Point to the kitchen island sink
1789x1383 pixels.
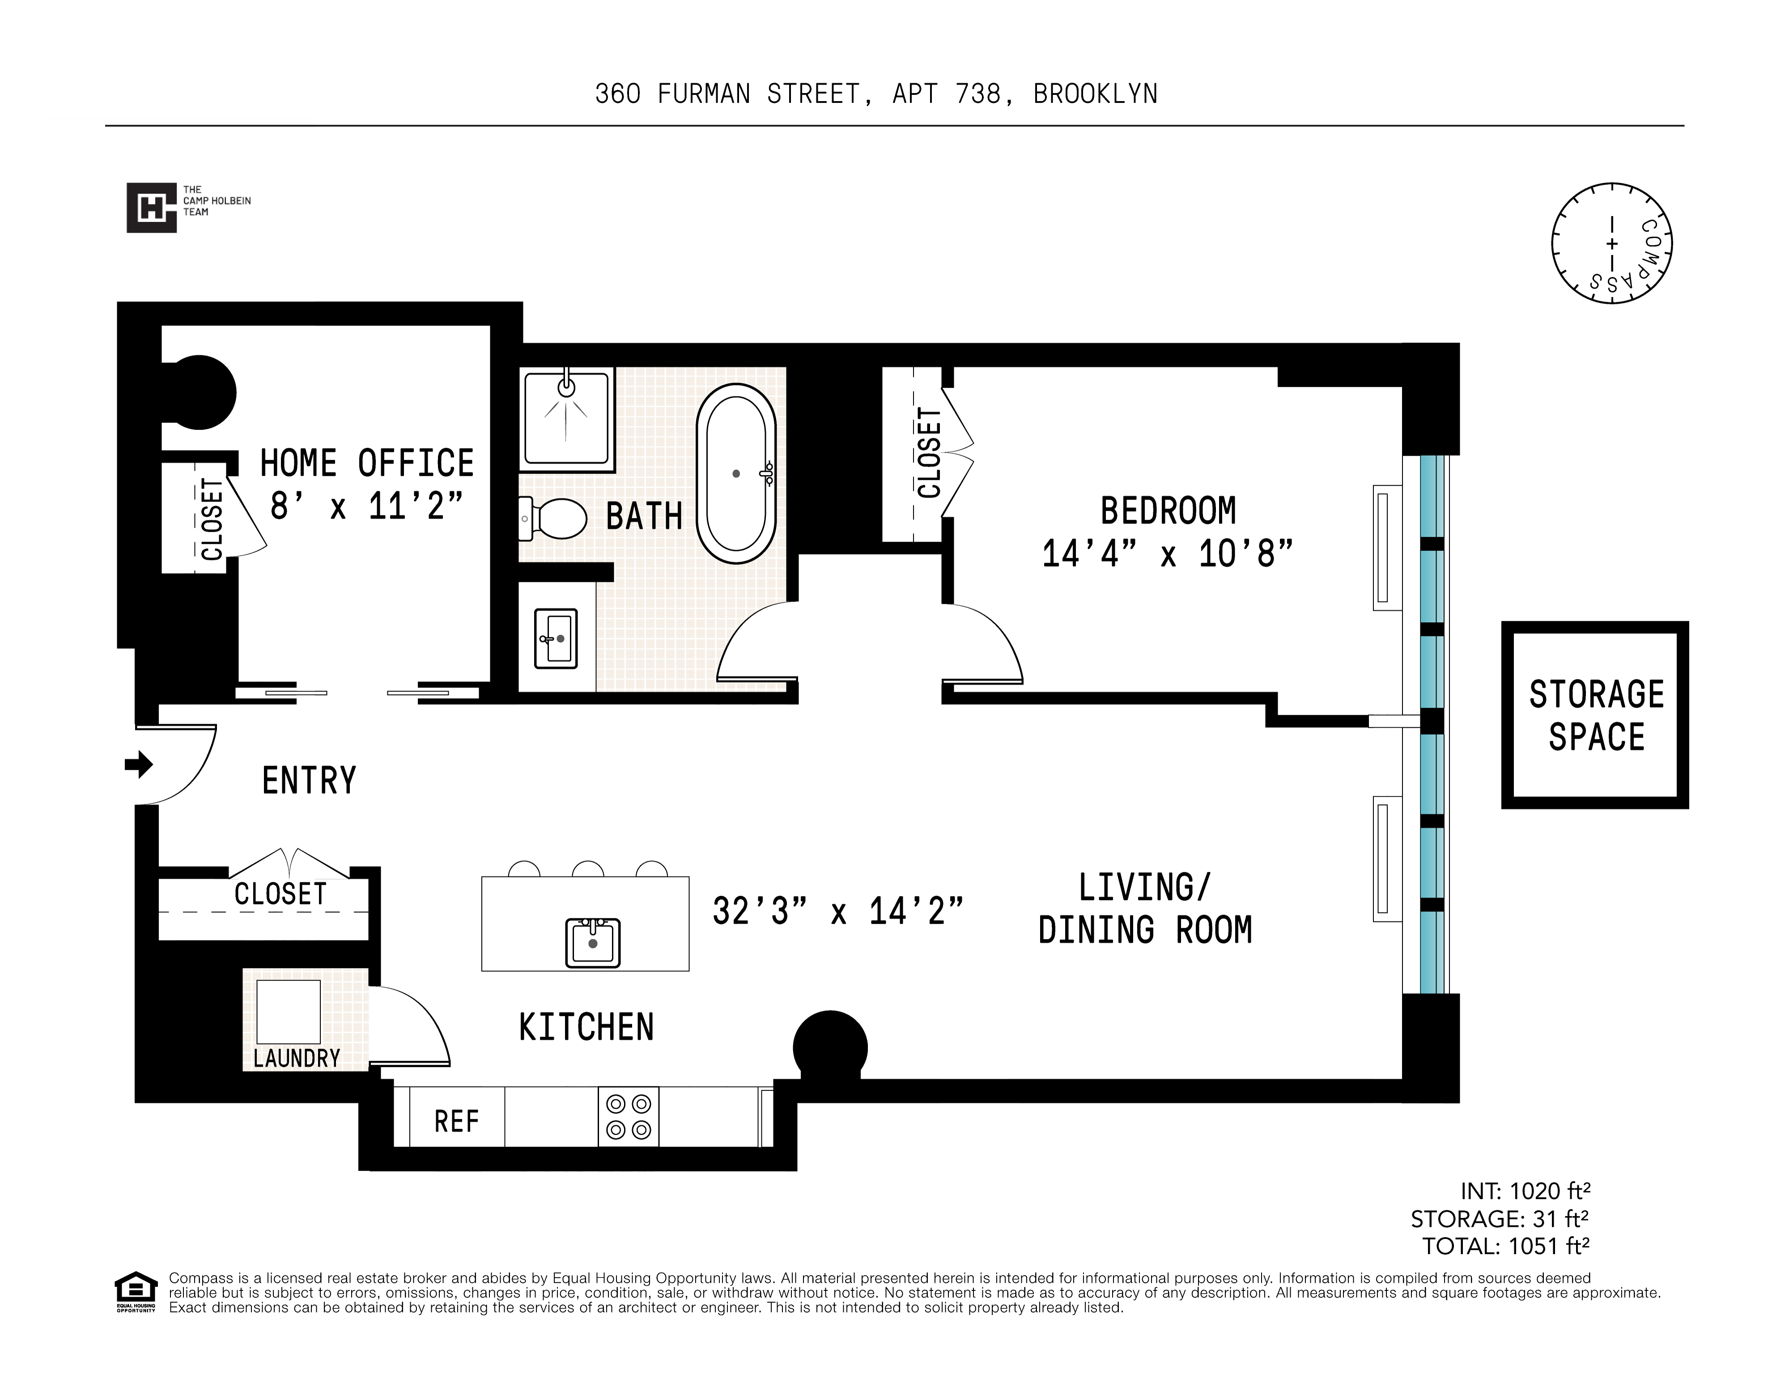tap(592, 942)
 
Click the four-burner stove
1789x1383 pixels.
tap(628, 1117)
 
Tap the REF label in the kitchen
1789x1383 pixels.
tap(456, 1121)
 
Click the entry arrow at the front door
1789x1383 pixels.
tap(138, 765)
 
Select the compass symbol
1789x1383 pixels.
tap(1611, 243)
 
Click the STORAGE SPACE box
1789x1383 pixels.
tap(1595, 715)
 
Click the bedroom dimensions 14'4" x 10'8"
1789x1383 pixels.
tap(1166, 554)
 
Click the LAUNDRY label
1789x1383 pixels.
tap(297, 1058)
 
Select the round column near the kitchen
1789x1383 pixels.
tap(830, 1047)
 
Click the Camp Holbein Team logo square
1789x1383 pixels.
tap(152, 207)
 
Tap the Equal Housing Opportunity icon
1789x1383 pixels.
tap(135, 1291)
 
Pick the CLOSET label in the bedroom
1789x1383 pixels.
tap(929, 453)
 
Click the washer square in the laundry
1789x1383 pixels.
tap(289, 1011)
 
